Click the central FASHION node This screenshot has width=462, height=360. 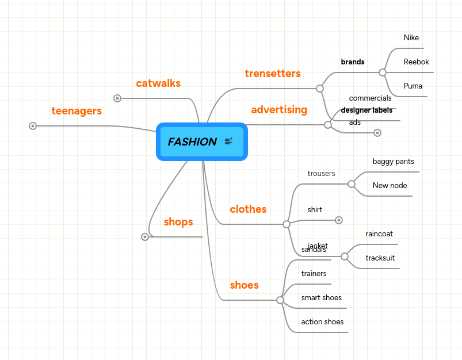coord(193,141)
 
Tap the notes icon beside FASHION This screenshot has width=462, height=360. coord(228,141)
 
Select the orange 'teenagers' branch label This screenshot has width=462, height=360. coord(77,111)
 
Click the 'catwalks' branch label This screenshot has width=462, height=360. coord(158,83)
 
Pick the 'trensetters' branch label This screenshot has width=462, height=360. coord(273,74)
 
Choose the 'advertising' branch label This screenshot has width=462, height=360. coord(279,110)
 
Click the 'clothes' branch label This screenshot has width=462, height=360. coord(248,209)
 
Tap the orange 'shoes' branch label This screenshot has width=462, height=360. coord(244,285)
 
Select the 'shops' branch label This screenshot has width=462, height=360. coord(178,222)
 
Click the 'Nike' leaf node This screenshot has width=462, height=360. coord(411,38)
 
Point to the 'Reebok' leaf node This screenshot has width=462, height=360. coord(416,62)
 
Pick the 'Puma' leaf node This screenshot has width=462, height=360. coord(413,86)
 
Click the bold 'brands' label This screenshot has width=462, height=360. coord(353,62)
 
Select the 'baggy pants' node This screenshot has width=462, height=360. coord(393,162)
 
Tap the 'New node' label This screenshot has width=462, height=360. coord(390,186)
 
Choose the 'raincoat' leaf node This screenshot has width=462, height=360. coord(379,234)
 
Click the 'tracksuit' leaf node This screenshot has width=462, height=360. coord(380,258)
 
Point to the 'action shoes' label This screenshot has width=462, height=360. coord(322,322)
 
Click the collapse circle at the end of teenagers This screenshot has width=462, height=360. coord(33,126)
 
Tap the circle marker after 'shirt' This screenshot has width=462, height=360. coord(339,220)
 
